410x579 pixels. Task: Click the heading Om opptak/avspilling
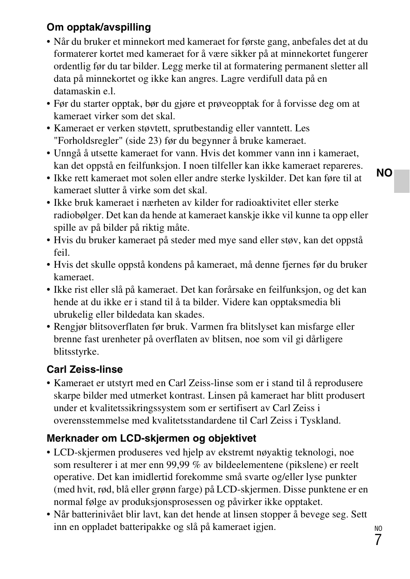pos(98,28)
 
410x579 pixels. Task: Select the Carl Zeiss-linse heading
pos(85,369)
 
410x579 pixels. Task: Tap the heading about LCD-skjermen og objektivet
pos(151,438)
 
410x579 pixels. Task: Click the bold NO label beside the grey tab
pos(384,173)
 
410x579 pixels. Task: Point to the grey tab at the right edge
pos(402,181)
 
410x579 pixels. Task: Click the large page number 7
pos(378,540)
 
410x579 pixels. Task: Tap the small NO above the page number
pos(378,529)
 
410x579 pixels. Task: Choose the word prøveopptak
pos(234,104)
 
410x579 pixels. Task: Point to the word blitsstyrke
pos(76,352)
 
